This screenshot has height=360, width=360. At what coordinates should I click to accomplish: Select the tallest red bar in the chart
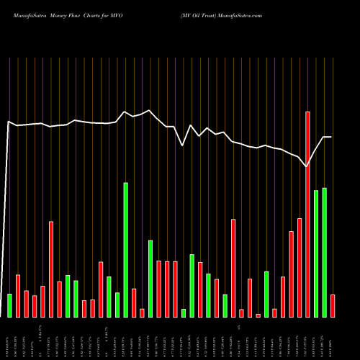[307, 215]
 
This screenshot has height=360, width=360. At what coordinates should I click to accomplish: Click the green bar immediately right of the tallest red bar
[316, 253]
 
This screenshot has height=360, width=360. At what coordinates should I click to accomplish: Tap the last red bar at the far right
[333, 306]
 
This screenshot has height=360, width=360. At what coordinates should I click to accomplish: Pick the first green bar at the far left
[9, 305]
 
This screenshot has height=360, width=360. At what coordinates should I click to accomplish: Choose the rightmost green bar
[325, 252]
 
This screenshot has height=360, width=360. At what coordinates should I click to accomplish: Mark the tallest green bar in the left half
[126, 250]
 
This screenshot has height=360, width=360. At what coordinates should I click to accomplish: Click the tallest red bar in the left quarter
[51, 269]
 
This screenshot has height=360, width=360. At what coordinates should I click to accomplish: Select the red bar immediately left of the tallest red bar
[300, 267]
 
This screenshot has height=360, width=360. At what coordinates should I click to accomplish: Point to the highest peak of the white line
[149, 110]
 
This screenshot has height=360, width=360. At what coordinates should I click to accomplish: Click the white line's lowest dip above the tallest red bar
[307, 166]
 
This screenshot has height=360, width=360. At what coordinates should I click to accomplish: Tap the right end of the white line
[331, 137]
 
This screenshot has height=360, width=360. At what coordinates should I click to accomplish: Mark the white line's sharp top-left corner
[9, 122]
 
